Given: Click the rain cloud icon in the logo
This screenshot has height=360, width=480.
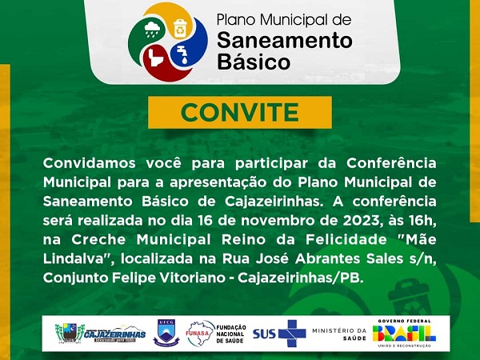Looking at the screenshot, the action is (152, 29).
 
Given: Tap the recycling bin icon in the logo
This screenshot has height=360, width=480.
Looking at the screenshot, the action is (180, 27).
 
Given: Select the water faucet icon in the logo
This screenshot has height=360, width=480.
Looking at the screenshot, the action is (182, 54).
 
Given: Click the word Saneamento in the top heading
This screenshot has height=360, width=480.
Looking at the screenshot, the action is (284, 41).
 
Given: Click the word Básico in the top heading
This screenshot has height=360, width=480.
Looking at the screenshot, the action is (254, 62).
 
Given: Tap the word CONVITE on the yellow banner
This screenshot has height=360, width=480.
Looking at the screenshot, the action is (240, 112).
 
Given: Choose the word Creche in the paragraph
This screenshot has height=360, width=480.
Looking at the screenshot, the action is (98, 240).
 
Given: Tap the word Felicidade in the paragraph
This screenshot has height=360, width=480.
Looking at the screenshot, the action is (346, 240).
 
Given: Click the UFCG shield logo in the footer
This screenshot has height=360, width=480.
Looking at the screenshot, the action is (166, 333).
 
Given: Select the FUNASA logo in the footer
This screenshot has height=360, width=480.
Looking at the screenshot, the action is (200, 333).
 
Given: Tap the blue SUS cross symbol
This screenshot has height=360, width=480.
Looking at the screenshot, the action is (292, 334).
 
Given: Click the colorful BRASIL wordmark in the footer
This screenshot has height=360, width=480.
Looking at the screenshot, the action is (404, 334).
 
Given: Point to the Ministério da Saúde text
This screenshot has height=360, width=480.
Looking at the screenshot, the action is (339, 334).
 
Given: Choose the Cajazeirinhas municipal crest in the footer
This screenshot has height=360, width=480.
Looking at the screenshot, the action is (70, 333).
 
